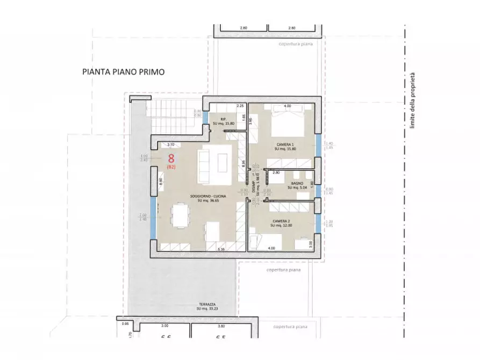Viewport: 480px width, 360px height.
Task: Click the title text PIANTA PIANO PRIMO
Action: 123,71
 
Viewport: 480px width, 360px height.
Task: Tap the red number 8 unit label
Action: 171,159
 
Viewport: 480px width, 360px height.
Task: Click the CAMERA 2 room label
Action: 282,222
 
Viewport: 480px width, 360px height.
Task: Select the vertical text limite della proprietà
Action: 413,100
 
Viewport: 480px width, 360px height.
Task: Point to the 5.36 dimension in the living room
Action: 220,249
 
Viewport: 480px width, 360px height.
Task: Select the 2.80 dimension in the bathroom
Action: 276,172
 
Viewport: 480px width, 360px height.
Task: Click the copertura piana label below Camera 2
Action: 282,270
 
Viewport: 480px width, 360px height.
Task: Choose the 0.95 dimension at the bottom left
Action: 125,324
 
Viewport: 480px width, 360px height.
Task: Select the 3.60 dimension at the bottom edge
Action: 221,326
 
